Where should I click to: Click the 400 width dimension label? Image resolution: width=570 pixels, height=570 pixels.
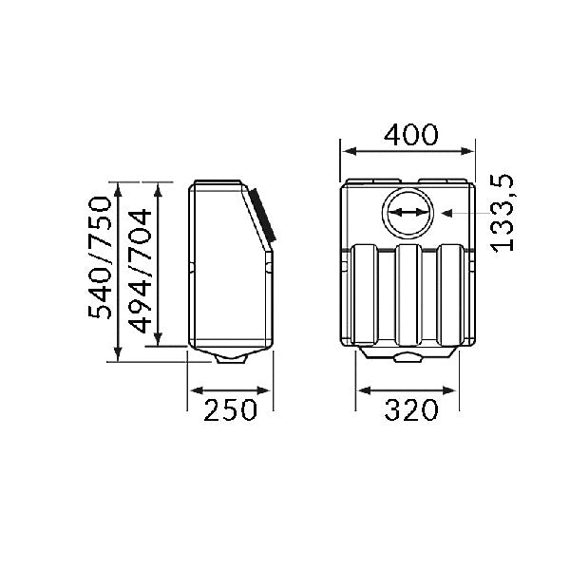pos(411,135)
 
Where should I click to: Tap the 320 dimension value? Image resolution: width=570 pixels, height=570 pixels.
pos(411,410)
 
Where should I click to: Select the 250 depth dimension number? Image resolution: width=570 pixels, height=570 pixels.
pos(230,410)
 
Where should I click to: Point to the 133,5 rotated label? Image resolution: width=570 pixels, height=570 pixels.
pos(503,214)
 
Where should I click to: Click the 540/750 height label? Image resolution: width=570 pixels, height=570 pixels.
pos(99,257)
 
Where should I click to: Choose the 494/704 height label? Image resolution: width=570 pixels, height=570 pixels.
pos(140,271)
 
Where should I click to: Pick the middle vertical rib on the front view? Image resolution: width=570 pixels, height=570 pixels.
pos(408,294)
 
